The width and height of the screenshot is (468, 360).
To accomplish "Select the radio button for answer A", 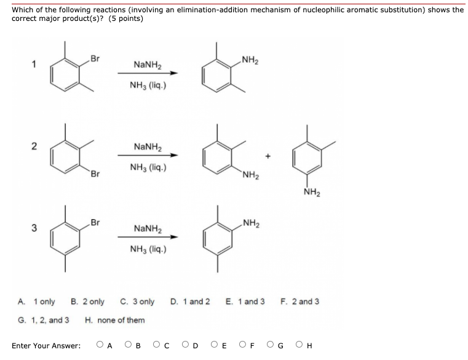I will pyautogui.click(x=100, y=345).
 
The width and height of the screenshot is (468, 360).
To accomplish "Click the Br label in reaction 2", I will pyautogui.click(x=95, y=172).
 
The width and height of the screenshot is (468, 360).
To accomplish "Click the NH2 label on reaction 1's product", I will pyautogui.click(x=250, y=60).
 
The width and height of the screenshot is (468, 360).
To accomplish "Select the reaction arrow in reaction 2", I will pyautogui.click(x=148, y=155).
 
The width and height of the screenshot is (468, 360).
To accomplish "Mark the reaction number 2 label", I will pyautogui.click(x=34, y=146).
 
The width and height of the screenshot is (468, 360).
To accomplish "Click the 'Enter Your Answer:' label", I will pyautogui.click(x=46, y=346).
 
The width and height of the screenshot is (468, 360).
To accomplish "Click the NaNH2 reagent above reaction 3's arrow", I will pyautogui.click(x=148, y=229).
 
